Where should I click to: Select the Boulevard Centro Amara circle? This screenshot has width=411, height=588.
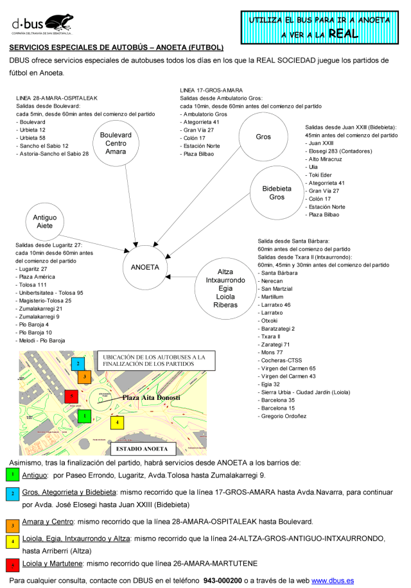pos(116,143)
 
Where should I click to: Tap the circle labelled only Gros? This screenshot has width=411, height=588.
pos(263,137)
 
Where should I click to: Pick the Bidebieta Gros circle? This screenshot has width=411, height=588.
pos(277,193)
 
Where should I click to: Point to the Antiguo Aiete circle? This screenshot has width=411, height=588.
pos(44,222)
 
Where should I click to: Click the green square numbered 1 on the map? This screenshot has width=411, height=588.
pos(82,416)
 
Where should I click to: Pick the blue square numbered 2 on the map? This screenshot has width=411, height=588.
pos(78,364)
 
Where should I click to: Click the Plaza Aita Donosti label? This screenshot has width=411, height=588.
pos(152,398)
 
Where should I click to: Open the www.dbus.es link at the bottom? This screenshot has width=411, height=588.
pos(332,580)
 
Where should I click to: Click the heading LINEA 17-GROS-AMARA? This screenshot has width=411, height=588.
pos(211,90)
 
